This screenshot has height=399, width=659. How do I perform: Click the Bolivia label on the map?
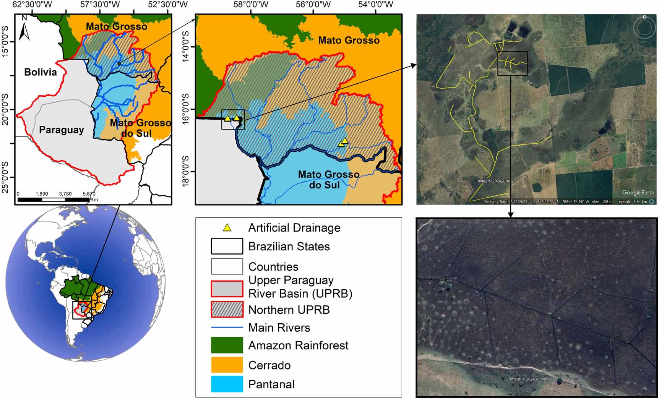[41, 72]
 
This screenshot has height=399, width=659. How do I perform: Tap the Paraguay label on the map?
[61, 130]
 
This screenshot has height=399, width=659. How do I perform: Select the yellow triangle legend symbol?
[227, 228]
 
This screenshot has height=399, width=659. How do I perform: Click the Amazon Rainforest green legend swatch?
[227, 345]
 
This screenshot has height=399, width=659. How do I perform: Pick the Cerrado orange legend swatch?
[227, 365]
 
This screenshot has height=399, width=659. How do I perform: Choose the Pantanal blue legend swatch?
[227, 384]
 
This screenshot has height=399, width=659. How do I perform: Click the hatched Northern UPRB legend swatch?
[227, 309]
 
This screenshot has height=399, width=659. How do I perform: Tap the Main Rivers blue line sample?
[227, 328]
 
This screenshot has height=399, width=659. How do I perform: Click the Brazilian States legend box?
[227, 246]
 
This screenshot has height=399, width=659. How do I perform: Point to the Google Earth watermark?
[638, 193]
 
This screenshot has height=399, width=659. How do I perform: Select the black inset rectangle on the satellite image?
[513, 63]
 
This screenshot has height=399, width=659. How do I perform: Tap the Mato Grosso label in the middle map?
[349, 40]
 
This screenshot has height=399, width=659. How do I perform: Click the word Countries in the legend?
[273, 266]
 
